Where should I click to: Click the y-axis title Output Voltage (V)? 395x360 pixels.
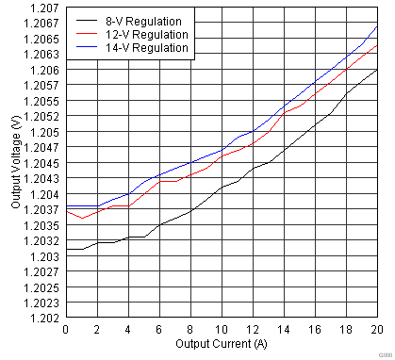coord(16,162)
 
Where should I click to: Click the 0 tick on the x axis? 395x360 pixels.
coord(65,329)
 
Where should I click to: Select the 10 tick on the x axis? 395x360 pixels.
coord(222,329)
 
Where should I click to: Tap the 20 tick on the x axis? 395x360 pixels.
coord(377,329)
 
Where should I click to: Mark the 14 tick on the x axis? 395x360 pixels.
coord(284,329)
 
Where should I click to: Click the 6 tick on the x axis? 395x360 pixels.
coord(159,329)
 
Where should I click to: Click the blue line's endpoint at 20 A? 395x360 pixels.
coord(377,26)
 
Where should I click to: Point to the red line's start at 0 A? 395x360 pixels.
coord(66,211)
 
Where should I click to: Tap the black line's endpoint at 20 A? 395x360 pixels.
coord(377,70)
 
